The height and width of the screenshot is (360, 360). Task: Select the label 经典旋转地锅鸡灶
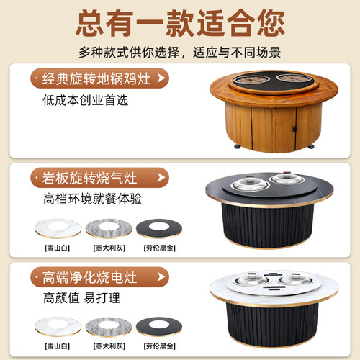[x=91, y=77]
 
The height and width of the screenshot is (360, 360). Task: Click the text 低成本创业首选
[x=85, y=100]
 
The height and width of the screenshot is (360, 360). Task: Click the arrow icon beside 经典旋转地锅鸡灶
[x=161, y=77]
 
